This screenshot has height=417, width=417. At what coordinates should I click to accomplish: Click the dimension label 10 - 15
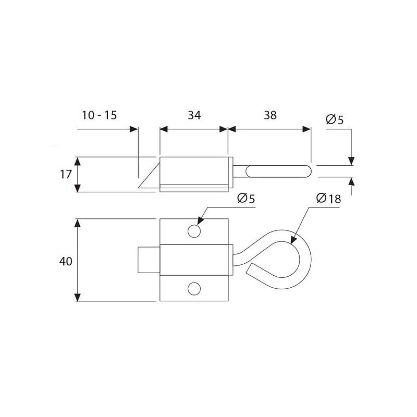coord(99,115)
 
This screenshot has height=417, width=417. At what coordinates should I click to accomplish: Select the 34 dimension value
coord(194,115)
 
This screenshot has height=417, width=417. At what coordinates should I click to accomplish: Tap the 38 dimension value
coord(270,115)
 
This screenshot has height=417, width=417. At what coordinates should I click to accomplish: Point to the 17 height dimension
coord(66,175)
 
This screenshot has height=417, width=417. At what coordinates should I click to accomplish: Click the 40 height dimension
coord(66,262)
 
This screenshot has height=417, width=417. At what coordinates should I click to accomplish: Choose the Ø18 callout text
coord(328,199)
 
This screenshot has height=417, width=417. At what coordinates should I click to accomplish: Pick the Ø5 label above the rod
coord(335,120)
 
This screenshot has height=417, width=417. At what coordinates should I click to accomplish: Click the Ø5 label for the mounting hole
coord(246,199)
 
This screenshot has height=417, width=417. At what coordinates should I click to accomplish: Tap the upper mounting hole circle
coord(194,231)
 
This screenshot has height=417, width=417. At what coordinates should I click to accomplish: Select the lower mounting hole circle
coord(194,289)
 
